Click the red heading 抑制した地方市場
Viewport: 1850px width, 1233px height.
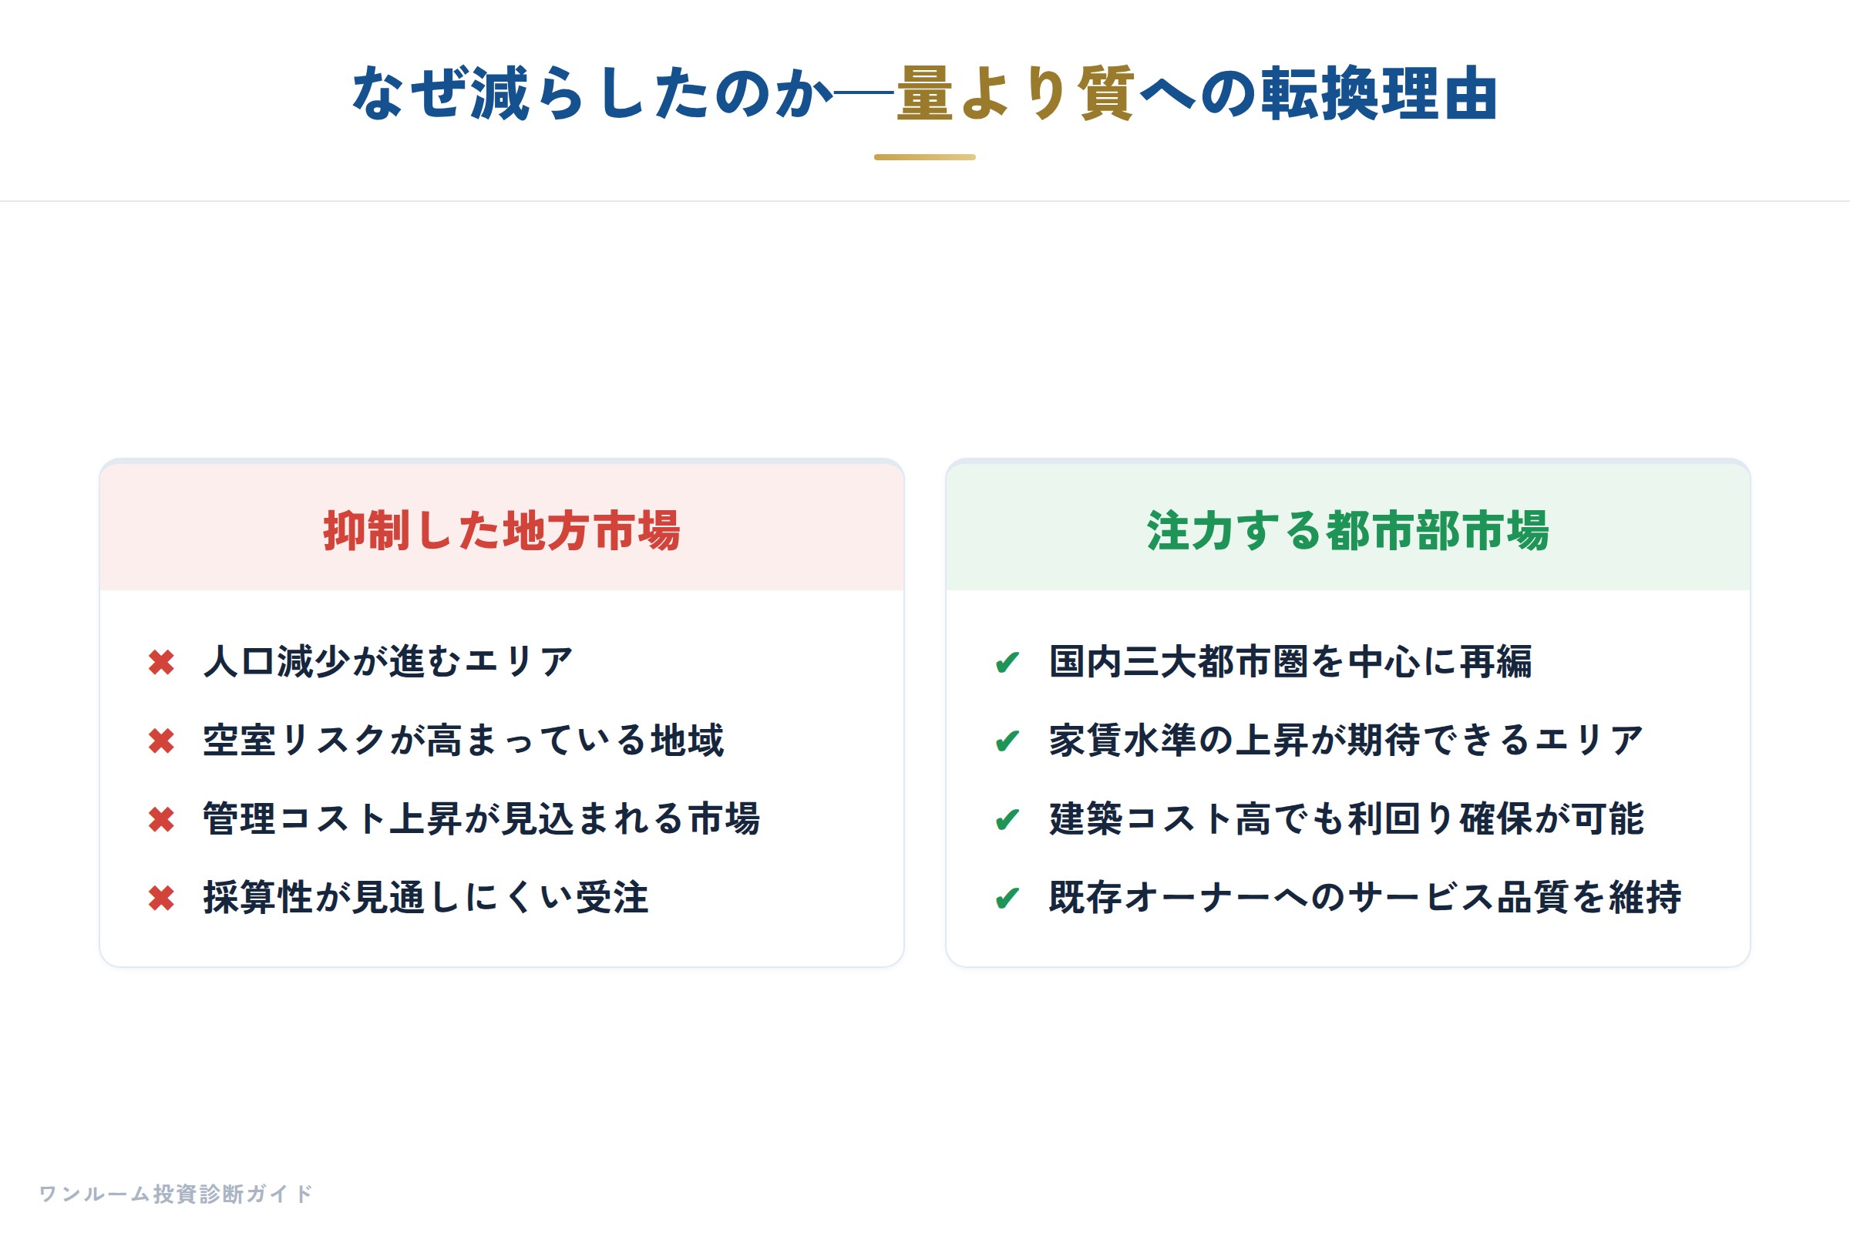(502, 531)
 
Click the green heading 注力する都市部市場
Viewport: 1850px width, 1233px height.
(1347, 531)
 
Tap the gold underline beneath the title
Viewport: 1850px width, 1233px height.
(925, 157)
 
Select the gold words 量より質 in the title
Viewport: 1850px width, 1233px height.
(1014, 92)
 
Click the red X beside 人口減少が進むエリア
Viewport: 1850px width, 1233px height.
(161, 662)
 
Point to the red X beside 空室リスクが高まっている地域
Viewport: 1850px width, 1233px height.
(161, 741)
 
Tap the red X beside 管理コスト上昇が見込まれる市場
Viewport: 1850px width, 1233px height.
(161, 819)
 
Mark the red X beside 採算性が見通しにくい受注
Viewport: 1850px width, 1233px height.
(161, 898)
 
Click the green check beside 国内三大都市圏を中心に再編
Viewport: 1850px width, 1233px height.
(1007, 662)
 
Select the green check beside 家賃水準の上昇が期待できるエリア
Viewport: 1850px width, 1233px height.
(1007, 741)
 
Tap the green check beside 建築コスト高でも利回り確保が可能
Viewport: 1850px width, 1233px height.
(1007, 819)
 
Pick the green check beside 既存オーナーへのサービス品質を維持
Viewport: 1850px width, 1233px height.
(1007, 898)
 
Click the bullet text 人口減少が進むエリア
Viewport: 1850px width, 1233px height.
(388, 661)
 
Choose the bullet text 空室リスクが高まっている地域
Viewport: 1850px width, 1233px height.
(463, 740)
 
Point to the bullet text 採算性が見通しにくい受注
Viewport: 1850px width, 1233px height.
(426, 897)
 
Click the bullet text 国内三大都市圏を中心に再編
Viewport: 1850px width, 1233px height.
(1290, 661)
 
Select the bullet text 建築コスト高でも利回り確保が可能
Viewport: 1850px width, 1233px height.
(1347, 818)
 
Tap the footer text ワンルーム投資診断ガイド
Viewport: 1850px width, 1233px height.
(176, 1194)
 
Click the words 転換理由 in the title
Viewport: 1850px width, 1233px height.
(1380, 92)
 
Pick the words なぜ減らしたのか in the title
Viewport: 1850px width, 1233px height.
(591, 92)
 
